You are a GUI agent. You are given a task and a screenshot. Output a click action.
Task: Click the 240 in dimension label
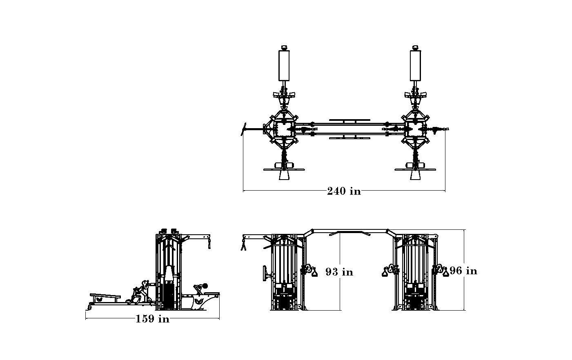click(x=344, y=191)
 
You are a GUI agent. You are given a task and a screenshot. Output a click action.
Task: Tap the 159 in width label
click(x=152, y=319)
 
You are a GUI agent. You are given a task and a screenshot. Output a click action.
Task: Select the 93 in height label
click(x=339, y=272)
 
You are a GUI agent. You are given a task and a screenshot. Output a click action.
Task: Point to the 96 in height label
click(x=463, y=271)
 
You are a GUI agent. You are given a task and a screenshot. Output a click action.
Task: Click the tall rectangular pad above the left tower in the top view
click(x=284, y=66)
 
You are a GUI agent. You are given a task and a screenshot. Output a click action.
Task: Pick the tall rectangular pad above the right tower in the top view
click(x=415, y=66)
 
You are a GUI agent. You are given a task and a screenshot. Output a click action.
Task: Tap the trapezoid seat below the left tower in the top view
click(x=284, y=175)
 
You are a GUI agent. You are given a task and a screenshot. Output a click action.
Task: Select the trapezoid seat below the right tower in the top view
click(x=415, y=175)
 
